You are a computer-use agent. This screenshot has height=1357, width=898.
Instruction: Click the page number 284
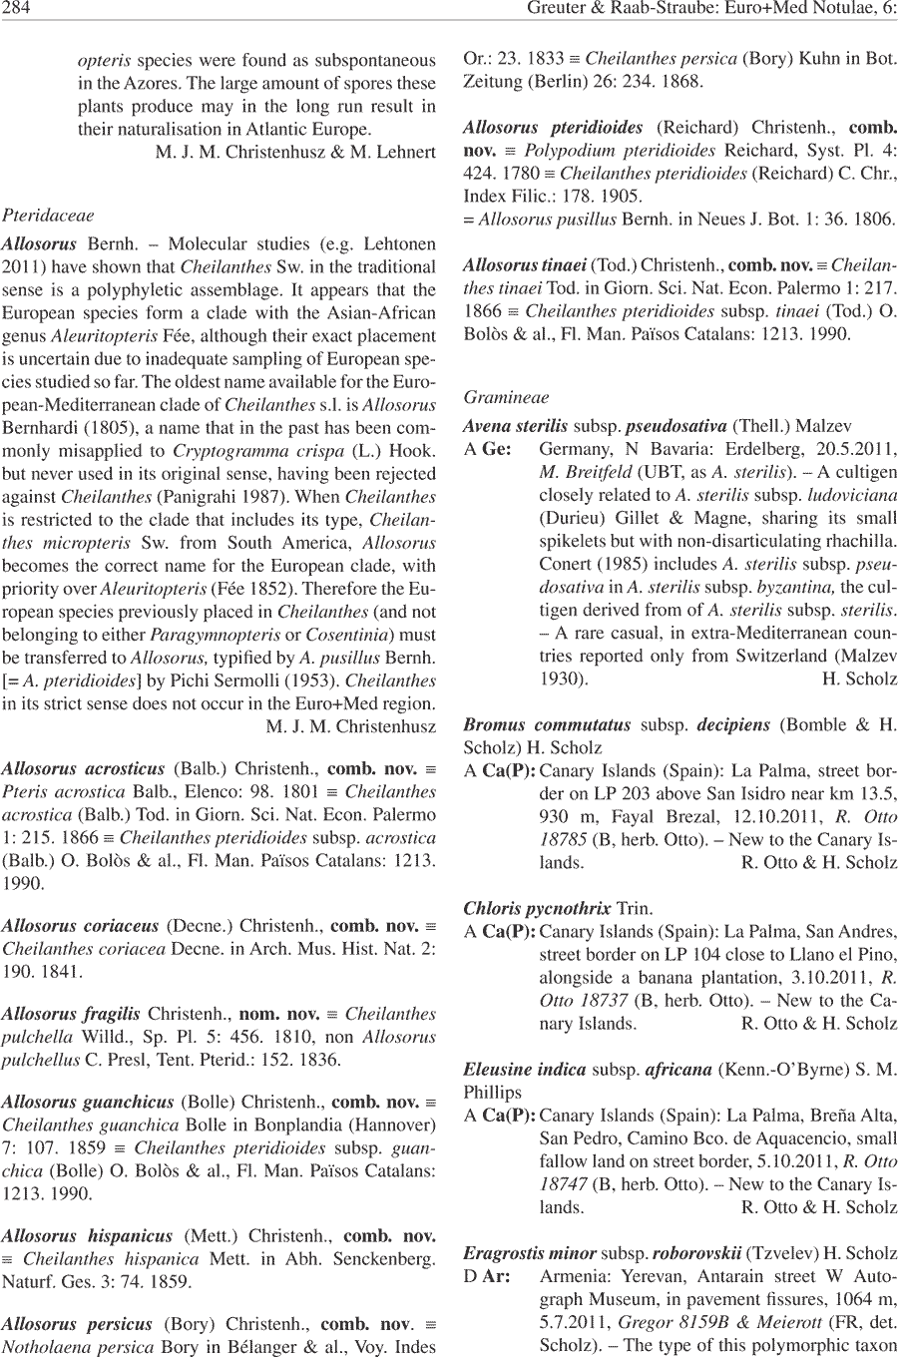coord(17,11)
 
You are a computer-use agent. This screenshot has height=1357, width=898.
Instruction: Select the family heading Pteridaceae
coord(49,215)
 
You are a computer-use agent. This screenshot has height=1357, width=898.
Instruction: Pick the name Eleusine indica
coord(524,1070)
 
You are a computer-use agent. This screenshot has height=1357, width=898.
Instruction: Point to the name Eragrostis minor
coord(530,1253)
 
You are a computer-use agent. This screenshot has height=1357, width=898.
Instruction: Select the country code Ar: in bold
coord(496,1277)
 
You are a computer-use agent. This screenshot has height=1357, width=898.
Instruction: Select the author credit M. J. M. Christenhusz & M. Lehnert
coord(295,153)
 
